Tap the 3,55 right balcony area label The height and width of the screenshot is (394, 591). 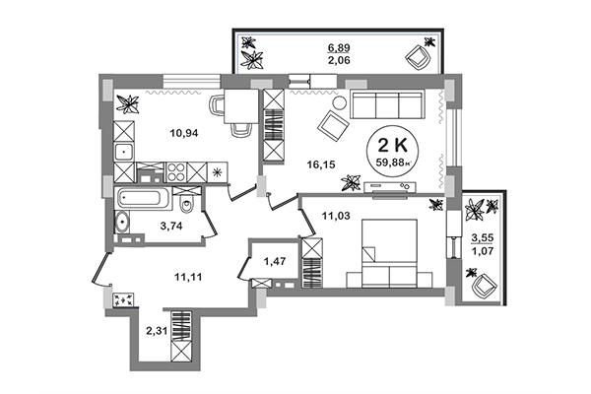483,238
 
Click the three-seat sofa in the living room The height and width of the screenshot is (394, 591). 384,103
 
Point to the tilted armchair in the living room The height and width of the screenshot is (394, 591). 332,124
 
